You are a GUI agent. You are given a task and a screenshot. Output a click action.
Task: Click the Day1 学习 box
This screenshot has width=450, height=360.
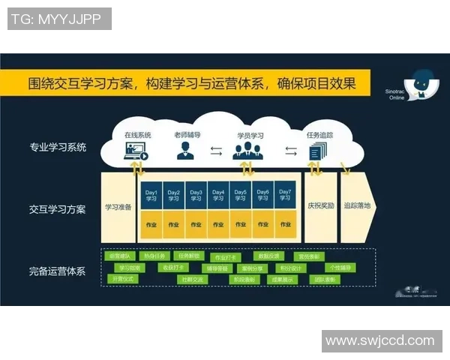151,194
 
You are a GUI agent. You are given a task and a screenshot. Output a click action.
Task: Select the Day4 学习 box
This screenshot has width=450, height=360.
218,194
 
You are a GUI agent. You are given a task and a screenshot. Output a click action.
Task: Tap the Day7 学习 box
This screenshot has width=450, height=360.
285,194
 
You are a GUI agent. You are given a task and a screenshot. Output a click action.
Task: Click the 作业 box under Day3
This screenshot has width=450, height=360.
196,223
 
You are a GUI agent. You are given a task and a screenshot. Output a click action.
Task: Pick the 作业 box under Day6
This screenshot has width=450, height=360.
262,223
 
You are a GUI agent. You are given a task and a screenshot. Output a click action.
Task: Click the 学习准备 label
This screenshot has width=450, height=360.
118,208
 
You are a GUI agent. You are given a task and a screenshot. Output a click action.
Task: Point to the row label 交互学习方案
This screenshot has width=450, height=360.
58,209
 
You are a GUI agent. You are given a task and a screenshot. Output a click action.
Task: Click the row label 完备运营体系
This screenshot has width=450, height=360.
58,271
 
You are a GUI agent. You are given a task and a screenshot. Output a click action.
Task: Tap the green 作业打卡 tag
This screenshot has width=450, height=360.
224,257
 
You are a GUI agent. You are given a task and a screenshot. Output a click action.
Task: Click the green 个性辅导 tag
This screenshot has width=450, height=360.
341,267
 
